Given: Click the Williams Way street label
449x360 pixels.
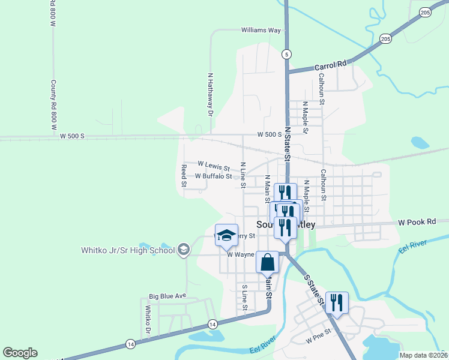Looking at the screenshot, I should pyautogui.click(x=261, y=30).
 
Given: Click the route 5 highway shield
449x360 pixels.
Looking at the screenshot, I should pyautogui.click(x=288, y=54).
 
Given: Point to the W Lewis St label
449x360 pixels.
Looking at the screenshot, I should pyautogui.click(x=214, y=164).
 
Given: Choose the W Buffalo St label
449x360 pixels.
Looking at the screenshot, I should pyautogui.click(x=213, y=176).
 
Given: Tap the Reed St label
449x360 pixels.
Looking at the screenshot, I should pyautogui.click(x=184, y=176).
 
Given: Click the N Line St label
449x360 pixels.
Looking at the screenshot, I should pyautogui.click(x=243, y=175).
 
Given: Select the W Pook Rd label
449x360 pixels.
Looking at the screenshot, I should pyautogui.click(x=415, y=222).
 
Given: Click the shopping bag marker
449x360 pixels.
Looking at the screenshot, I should pyautogui.click(x=268, y=262).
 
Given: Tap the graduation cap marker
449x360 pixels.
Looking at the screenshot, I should pyautogui.click(x=226, y=235).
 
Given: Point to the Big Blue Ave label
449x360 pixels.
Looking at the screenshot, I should pyautogui.click(x=169, y=296).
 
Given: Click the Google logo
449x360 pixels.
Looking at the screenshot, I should pyautogui.click(x=20, y=353).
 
